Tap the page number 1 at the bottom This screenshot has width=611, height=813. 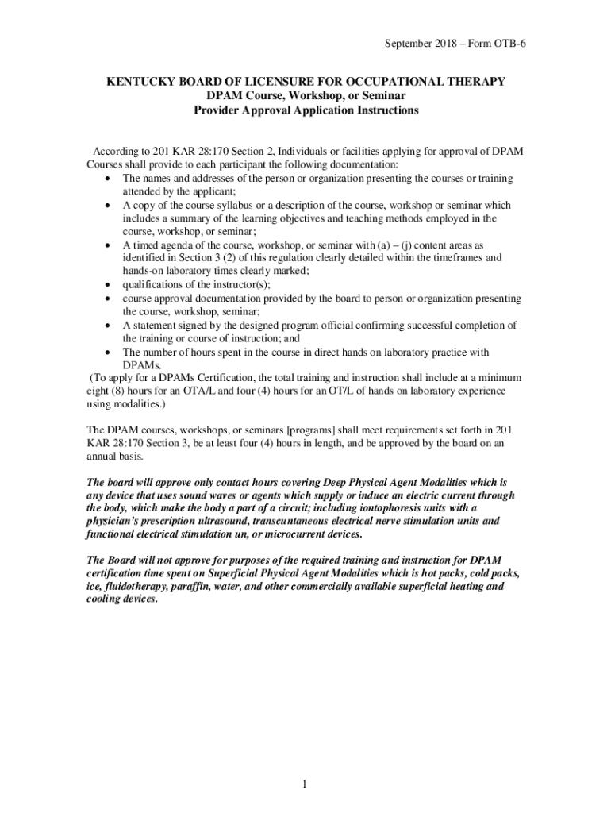[x=304, y=764]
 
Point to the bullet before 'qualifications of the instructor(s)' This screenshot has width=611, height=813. [x=106, y=285]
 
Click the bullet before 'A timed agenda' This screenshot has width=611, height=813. [x=106, y=245]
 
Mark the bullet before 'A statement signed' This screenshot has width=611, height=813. [x=106, y=326]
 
